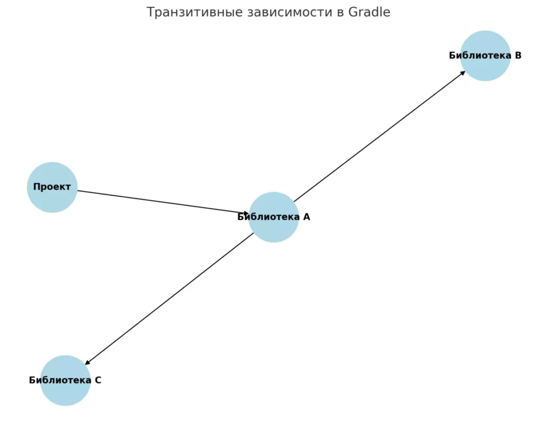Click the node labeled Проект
click(52, 187)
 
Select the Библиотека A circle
click(274, 218)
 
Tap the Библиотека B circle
click(485, 56)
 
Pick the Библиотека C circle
click(65, 381)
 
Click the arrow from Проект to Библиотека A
click(163, 202)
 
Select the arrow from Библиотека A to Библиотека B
click(380, 136)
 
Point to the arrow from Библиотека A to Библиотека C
click(169, 299)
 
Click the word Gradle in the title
click(369, 13)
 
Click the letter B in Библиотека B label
click(518, 56)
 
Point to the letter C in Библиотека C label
click(98, 380)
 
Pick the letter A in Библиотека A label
click(306, 217)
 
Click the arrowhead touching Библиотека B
click(463, 73)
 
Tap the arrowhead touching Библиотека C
click(88, 362)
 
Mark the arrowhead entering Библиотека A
click(245, 214)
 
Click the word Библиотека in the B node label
click(480, 56)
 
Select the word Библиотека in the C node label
click(60, 380)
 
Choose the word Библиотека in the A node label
click(268, 217)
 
